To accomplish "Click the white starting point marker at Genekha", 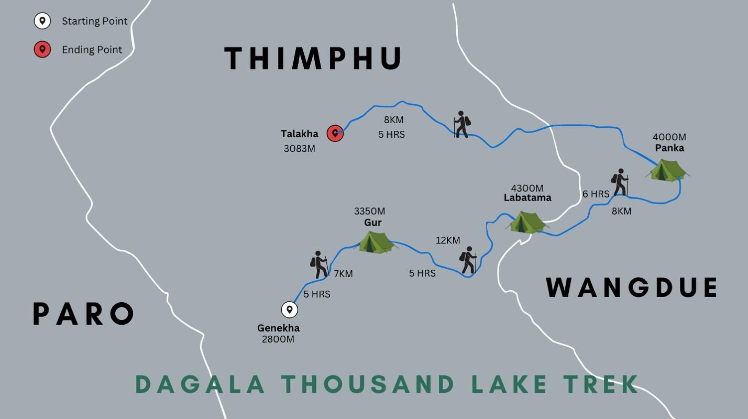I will [289, 310].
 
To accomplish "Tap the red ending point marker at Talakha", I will [335, 134].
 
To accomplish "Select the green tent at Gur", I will [376, 242].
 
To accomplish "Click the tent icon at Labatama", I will [528, 222].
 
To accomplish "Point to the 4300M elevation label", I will [527, 188].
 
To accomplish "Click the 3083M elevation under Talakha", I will [299, 148].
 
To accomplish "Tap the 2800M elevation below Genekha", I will [278, 339].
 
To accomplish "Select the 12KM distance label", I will [448, 240].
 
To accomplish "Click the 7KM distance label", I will [343, 274].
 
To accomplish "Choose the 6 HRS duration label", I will [596, 194].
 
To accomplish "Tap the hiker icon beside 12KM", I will [468, 260].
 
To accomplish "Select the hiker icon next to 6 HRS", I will [620, 182].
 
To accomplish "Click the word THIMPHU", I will [313, 58].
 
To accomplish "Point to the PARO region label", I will [83, 314].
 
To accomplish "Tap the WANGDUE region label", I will [632, 288].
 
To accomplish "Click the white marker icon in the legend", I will [42, 21].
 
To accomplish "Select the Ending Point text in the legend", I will [92, 50].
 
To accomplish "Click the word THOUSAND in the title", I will [368, 384].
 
